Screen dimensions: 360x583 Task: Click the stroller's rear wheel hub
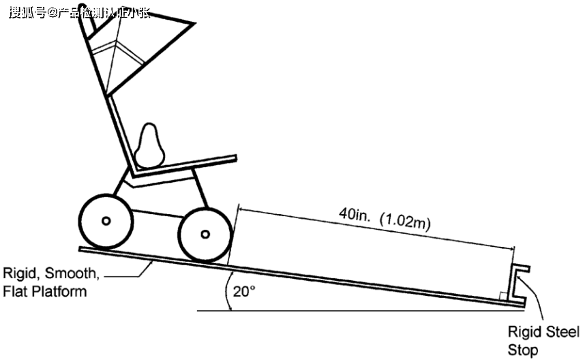(x=106, y=220)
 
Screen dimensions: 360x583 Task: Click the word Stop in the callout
(x=522, y=350)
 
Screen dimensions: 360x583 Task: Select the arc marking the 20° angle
(x=228, y=293)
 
